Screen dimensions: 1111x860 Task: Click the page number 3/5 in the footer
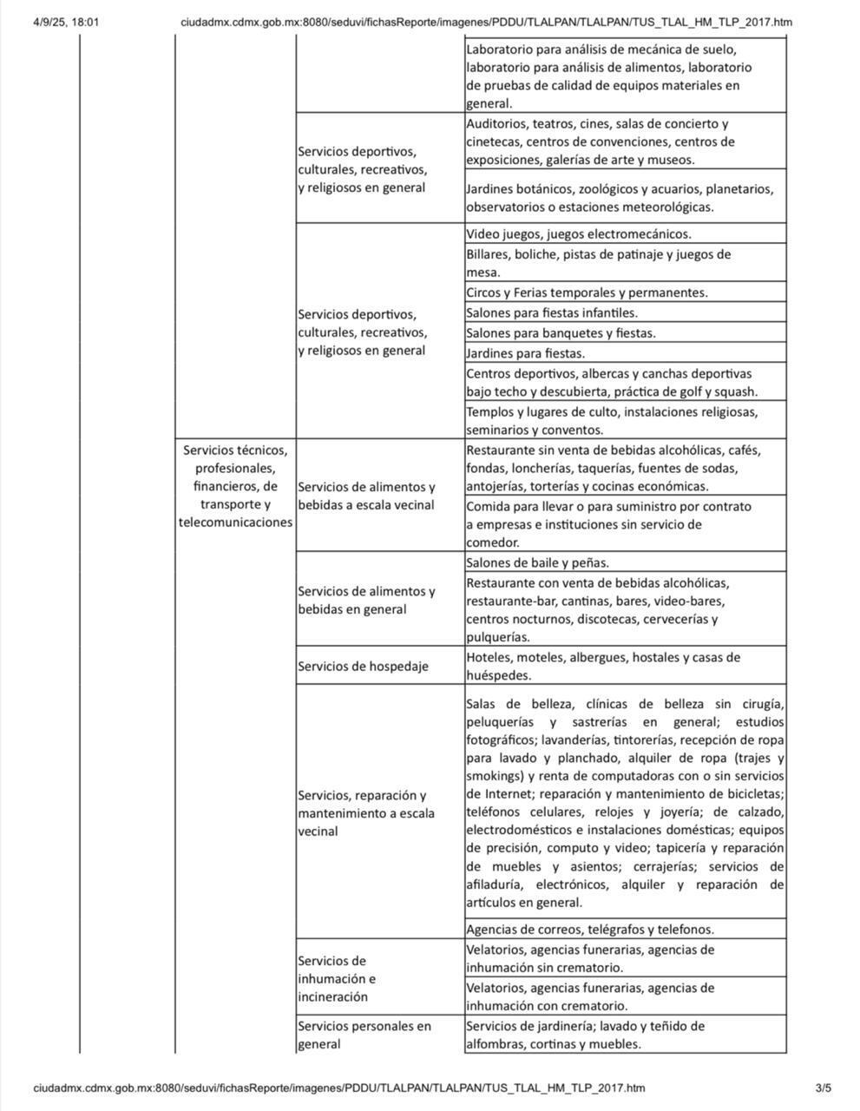(x=823, y=1088)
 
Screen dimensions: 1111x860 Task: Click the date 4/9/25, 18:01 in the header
(x=66, y=22)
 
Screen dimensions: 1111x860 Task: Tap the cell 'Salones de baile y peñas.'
(x=537, y=562)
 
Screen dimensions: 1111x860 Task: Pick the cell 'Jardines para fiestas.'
(x=525, y=353)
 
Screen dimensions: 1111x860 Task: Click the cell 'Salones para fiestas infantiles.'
(x=552, y=312)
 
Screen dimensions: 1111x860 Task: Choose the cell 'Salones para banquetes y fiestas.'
(x=561, y=333)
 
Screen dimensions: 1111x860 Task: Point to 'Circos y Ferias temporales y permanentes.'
(x=587, y=293)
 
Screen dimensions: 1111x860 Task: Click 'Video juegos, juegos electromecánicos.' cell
(x=578, y=233)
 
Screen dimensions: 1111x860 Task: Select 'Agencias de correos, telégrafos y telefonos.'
(x=590, y=929)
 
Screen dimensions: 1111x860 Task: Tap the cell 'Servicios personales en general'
(x=364, y=1035)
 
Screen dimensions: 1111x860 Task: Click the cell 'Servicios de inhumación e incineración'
(x=337, y=979)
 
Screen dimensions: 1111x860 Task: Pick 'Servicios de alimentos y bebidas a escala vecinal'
(x=366, y=496)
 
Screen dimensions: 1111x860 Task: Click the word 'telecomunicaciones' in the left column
(x=235, y=523)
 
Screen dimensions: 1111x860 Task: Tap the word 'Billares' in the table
(x=488, y=254)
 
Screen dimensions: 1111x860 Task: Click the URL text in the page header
(x=486, y=22)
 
